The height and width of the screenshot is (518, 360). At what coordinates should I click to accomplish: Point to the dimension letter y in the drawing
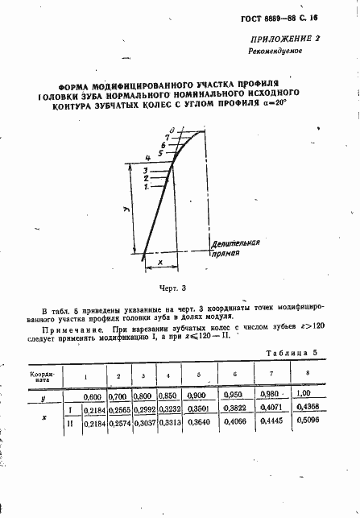click(127, 209)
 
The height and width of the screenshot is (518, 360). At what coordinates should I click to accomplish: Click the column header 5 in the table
click(197, 376)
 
